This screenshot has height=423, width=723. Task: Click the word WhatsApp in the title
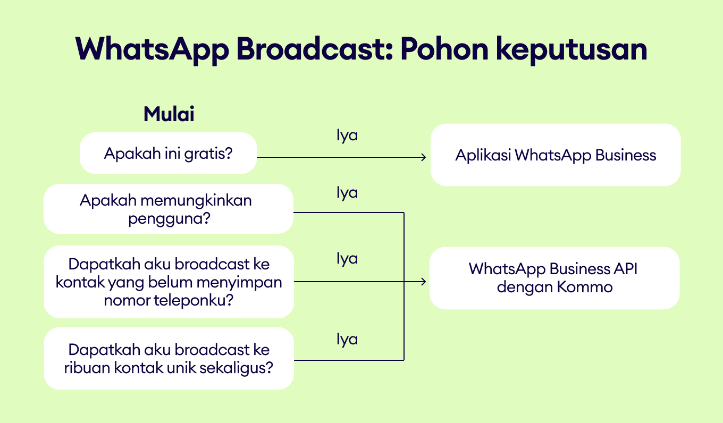(x=152, y=49)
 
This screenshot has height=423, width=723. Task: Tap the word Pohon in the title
(x=444, y=49)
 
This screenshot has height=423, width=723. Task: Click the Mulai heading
(x=169, y=114)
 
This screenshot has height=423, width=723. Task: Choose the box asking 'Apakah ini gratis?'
(x=168, y=153)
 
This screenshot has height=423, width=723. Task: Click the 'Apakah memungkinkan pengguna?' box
(x=169, y=209)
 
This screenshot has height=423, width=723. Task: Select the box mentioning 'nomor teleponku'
(x=169, y=282)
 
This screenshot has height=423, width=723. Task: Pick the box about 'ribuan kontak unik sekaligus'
(x=169, y=359)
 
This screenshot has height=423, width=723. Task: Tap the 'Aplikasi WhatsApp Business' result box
(x=556, y=155)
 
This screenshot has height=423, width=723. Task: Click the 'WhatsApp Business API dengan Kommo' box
(x=554, y=278)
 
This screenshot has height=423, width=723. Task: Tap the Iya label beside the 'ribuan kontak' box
(x=347, y=340)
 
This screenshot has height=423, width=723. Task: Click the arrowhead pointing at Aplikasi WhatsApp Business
(x=424, y=157)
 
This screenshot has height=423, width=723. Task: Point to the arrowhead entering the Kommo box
(x=424, y=282)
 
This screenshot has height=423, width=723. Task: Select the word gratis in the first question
(x=208, y=154)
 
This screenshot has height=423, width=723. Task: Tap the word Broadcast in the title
(x=315, y=49)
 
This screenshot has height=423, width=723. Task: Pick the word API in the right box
(x=626, y=269)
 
